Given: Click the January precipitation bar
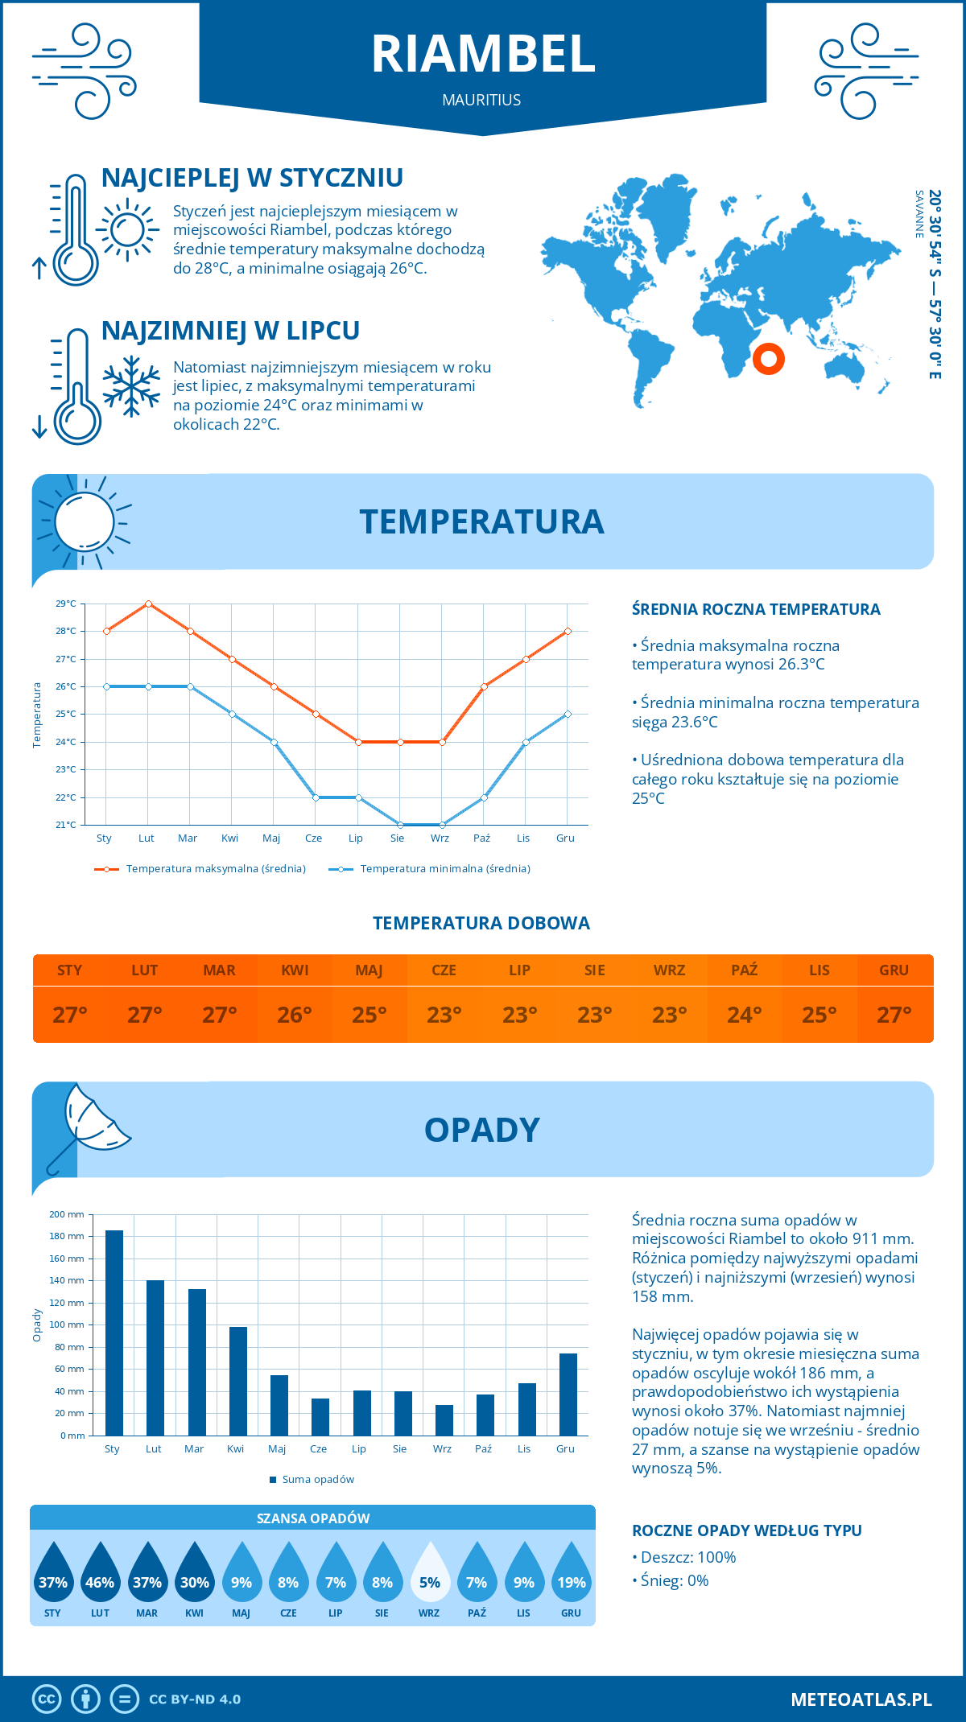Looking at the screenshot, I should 114,1333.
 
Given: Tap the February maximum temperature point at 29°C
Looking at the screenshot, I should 148,604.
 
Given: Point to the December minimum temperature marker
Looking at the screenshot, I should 568,715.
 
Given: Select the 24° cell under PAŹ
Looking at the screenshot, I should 744,1015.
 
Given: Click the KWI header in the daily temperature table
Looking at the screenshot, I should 295,970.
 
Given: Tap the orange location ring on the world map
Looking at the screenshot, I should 769,359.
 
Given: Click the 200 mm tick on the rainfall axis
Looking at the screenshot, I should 67,1215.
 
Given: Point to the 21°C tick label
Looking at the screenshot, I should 66,825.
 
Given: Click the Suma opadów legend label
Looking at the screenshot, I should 318,1480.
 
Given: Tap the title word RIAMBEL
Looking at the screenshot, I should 483,55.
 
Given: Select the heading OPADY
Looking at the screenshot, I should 482,1131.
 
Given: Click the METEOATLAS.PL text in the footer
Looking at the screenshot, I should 861,1699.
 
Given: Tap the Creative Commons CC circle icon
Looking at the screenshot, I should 47,1699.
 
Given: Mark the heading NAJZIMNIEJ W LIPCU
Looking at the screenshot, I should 230,331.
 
